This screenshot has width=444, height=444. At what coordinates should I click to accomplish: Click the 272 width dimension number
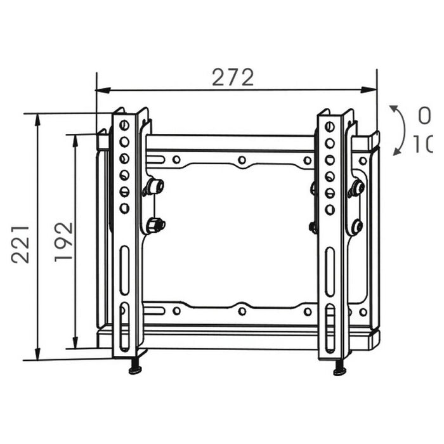[233, 77]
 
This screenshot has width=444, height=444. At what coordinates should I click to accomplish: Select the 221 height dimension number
[20, 243]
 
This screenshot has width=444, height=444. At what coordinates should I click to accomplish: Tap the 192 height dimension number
[63, 242]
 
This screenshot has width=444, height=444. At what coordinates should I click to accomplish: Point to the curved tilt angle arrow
[400, 130]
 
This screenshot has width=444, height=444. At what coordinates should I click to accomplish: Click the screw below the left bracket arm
[134, 367]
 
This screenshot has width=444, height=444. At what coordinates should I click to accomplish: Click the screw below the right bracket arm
[340, 367]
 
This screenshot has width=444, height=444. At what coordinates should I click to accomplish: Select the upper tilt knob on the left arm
[154, 186]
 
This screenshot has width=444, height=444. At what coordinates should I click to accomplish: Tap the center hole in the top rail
[242, 160]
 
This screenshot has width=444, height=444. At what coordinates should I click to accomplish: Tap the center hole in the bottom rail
[242, 311]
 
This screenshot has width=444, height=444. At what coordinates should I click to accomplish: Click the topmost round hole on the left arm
[124, 126]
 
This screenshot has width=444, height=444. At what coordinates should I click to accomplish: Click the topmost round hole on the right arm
[330, 127]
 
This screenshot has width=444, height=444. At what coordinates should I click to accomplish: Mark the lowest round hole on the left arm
[124, 208]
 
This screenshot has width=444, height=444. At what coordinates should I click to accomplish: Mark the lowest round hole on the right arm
[330, 209]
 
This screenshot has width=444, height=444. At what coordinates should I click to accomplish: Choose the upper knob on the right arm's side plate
[357, 188]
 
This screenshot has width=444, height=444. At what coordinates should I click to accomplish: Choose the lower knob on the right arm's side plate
[357, 226]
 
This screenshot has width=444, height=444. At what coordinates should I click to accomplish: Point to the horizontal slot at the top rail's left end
[155, 160]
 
